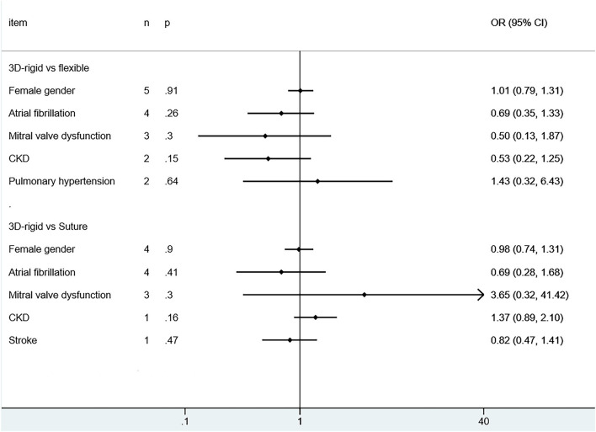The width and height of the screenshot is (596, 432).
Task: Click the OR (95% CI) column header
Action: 519,22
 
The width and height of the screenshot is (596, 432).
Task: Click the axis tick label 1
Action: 301,421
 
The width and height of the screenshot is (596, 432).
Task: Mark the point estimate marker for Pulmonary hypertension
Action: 317,181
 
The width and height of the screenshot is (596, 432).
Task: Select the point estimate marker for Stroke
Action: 290,340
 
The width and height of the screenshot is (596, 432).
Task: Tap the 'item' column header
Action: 18,22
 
